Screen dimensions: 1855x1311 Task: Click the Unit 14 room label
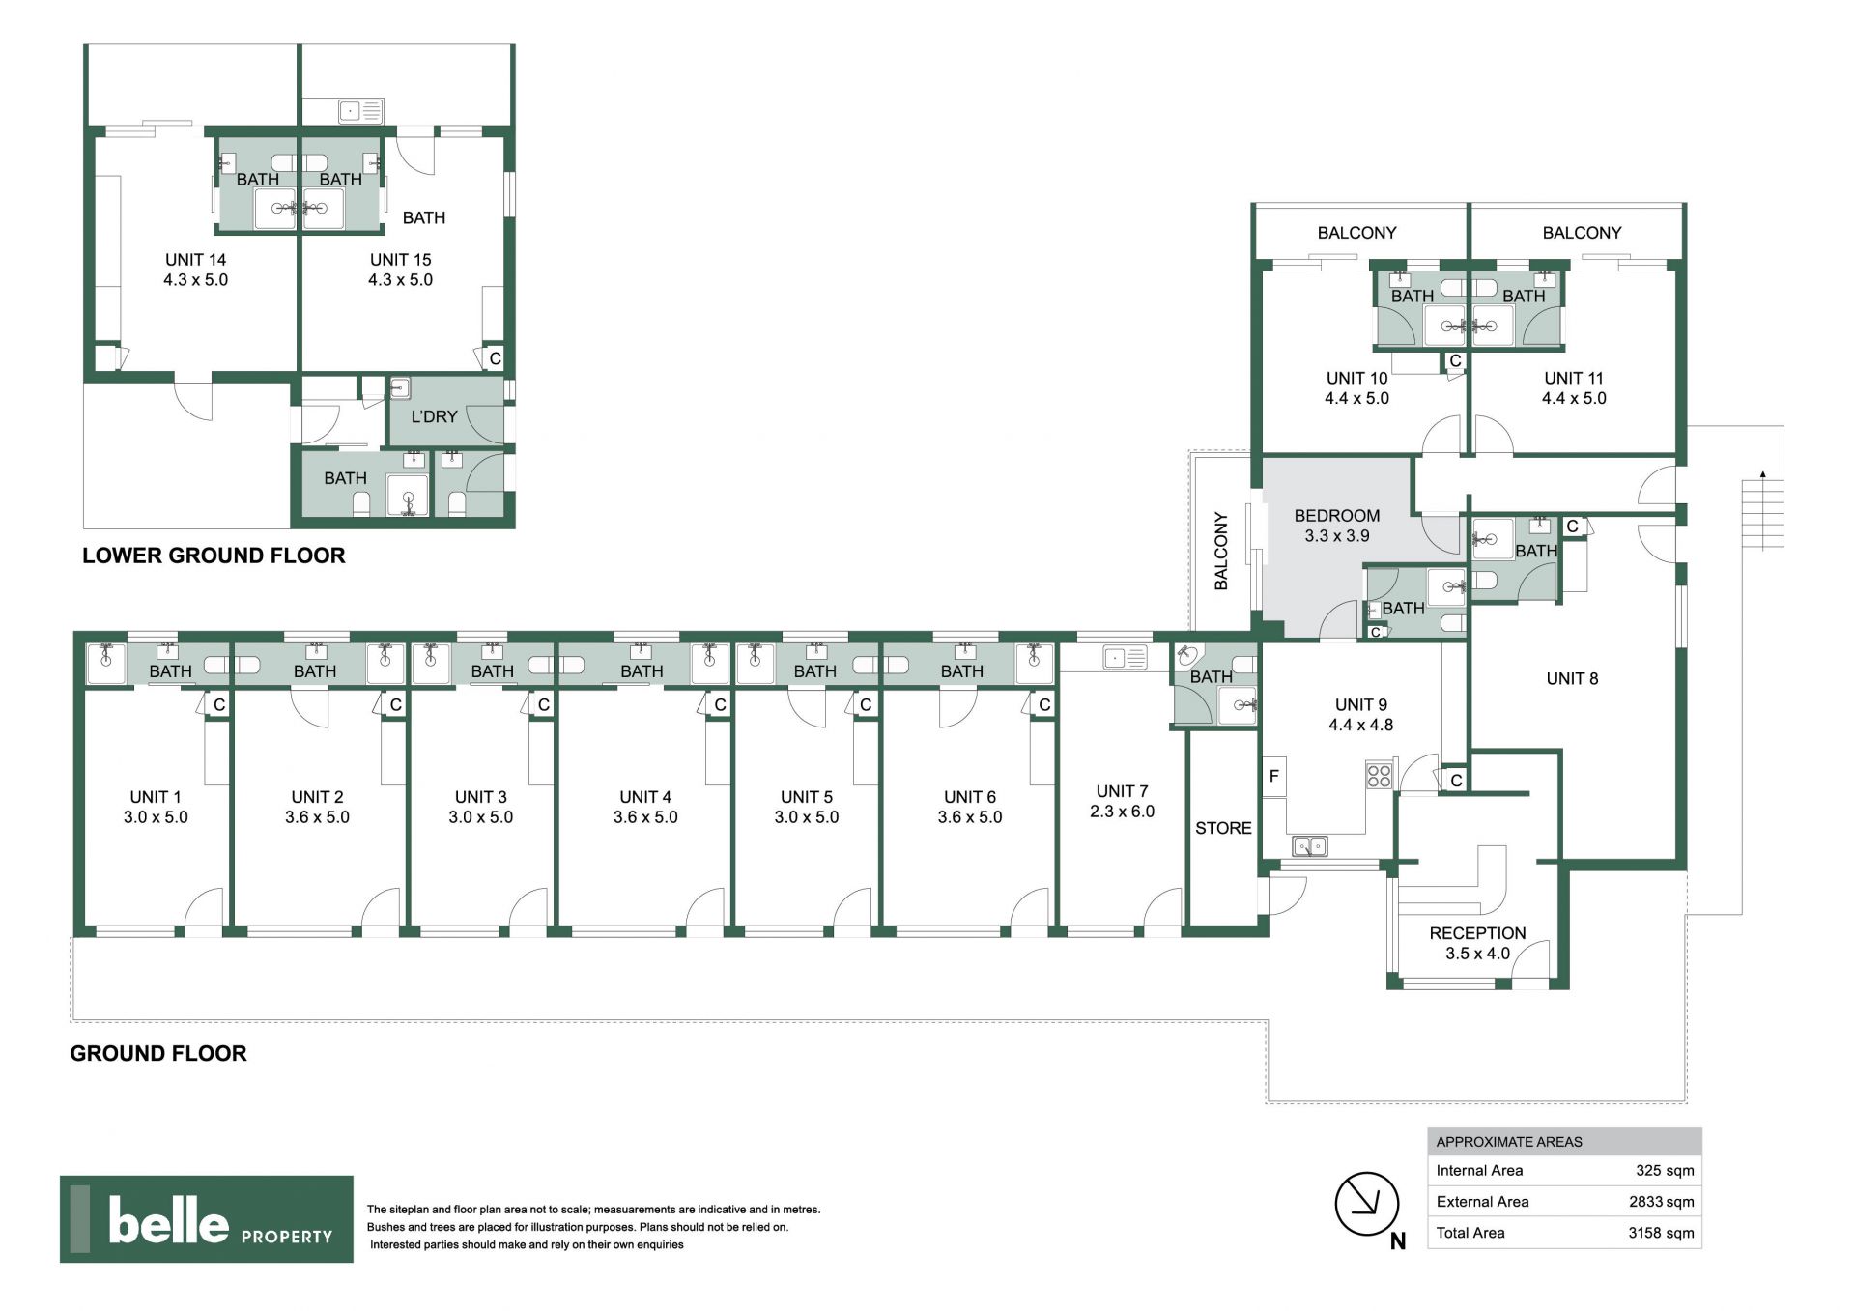point(196,270)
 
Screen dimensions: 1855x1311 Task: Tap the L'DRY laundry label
point(434,416)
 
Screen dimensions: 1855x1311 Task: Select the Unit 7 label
point(1122,801)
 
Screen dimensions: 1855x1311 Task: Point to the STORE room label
point(1223,828)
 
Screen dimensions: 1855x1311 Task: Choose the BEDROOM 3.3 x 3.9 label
point(1337,526)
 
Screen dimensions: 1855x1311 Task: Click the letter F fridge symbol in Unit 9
point(1274,776)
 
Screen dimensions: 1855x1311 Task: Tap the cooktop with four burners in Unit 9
point(1379,775)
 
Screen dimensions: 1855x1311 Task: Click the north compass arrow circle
point(1367,1204)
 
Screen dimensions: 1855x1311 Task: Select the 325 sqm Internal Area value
point(1665,1170)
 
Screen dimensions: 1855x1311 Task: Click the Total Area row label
point(1470,1233)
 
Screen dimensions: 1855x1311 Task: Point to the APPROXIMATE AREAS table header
point(1509,1142)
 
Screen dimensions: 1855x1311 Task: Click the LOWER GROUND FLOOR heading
point(214,556)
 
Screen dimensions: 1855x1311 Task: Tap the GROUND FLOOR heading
point(158,1053)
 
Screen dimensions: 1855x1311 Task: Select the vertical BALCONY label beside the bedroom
point(1221,551)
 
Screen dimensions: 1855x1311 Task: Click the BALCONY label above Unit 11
point(1582,233)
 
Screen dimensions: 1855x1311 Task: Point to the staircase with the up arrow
point(1763,512)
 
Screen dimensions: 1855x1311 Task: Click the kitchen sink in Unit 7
point(1125,658)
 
